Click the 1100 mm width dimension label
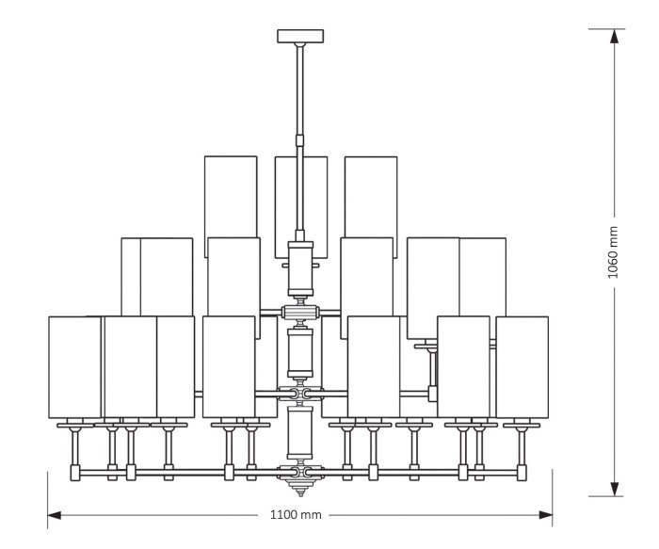(296, 514)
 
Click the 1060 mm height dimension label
(613, 252)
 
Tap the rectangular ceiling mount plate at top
(300, 36)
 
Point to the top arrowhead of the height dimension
(615, 36)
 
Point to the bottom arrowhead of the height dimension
(615, 489)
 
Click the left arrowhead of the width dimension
(55, 515)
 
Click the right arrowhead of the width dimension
(545, 515)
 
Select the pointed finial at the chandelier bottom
(300, 488)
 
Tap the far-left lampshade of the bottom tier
(74, 367)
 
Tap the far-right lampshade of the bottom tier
(522, 367)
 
